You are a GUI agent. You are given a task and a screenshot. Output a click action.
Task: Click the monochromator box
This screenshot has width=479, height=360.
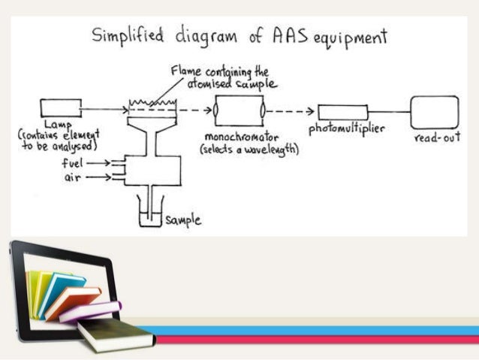(239, 110)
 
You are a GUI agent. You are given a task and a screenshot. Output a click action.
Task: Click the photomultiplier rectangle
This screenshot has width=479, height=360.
(342, 114)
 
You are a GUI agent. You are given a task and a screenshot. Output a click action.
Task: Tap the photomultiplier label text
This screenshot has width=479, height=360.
(347, 129)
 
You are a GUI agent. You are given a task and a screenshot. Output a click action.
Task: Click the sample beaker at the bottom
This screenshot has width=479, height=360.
(152, 214)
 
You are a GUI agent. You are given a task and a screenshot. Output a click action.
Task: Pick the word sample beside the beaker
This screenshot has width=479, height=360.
(185, 220)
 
